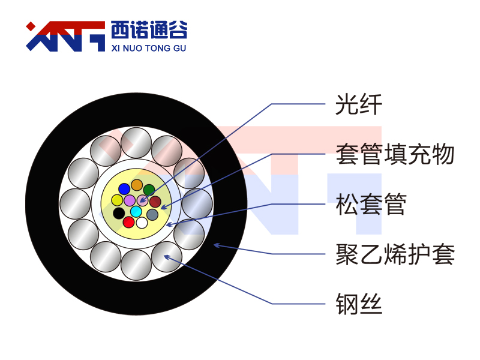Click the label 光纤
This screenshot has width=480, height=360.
[359, 104]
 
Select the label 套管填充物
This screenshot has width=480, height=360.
[395, 154]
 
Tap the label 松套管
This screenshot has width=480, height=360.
[371, 204]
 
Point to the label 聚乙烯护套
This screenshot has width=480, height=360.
[395, 254]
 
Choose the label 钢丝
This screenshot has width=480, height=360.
[359, 304]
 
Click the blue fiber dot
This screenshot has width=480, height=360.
[124, 189]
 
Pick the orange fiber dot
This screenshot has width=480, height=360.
[137, 185]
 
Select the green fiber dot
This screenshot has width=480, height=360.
[149, 190]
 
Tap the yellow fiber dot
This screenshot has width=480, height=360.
[117, 200]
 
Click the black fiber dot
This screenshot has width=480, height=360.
[119, 213]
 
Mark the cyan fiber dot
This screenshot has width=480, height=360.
[136, 211]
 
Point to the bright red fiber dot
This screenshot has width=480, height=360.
[128, 222]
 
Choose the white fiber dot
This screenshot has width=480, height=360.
[142, 223]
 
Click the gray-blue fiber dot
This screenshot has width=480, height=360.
[152, 215]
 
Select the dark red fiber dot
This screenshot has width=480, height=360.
[155, 202]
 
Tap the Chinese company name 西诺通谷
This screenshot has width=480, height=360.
[149, 30]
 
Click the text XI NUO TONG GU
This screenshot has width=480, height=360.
[149, 48]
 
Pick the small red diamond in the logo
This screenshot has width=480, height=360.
[31, 26]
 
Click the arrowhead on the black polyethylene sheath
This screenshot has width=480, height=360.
[217, 245]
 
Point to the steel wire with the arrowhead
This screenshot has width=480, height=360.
[167, 257]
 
